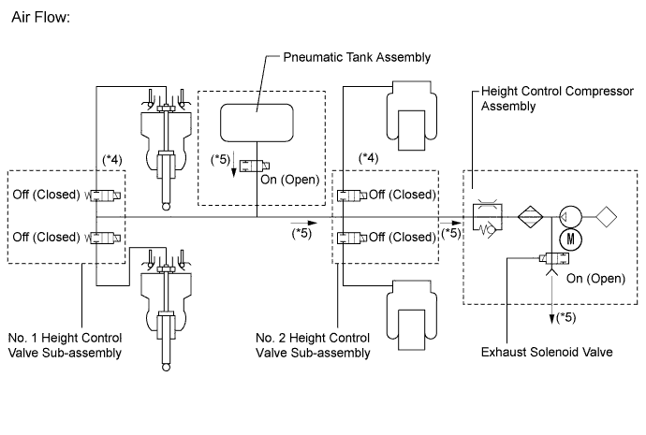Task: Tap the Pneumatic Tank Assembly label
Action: (x=357, y=58)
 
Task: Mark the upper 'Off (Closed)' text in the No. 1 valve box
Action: (x=48, y=196)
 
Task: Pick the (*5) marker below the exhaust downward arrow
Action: (x=566, y=319)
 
